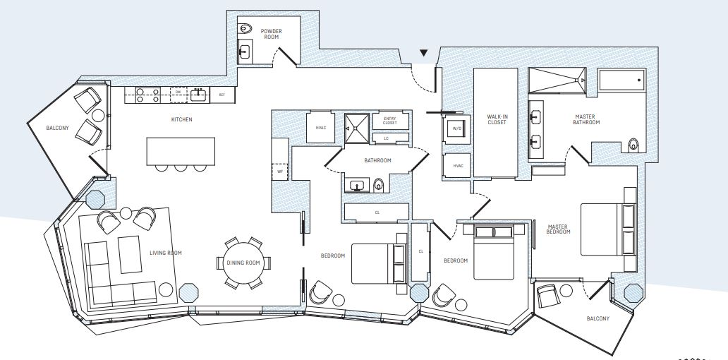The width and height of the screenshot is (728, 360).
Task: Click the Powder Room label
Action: (271, 35)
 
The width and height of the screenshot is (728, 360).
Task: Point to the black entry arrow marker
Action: (423, 52)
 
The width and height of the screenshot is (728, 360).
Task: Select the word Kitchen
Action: (181, 120)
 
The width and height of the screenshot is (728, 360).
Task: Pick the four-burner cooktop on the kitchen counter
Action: (145, 95)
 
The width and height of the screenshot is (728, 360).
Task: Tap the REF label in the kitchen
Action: (222, 95)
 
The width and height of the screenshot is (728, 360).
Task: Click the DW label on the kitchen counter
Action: (178, 92)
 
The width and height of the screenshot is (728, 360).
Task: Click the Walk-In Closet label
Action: (497, 119)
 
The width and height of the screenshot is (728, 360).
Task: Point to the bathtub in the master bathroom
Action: (621, 81)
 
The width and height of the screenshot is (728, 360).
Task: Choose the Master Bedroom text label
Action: (559, 229)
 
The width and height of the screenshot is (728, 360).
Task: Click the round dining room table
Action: (243, 263)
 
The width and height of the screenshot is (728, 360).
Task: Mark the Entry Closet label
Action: (389, 120)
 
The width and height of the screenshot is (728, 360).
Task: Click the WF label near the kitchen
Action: (279, 170)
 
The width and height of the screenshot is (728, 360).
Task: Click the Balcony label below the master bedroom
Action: (597, 318)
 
